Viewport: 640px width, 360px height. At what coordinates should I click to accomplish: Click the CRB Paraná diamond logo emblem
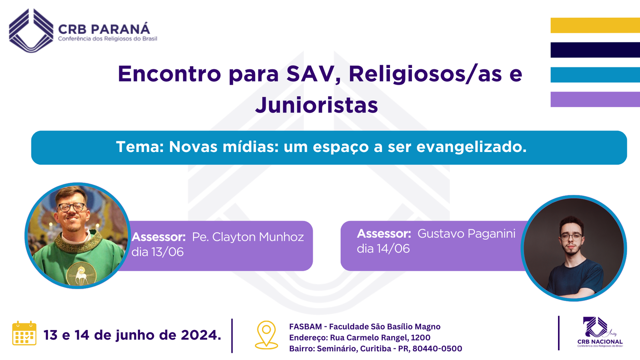click(31, 30)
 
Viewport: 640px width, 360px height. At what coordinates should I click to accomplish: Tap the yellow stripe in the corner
click(595, 26)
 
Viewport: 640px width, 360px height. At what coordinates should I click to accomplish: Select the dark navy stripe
click(595, 50)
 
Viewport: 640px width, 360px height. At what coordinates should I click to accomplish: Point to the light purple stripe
click(595, 100)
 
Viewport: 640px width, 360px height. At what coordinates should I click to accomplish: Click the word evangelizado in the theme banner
click(472, 147)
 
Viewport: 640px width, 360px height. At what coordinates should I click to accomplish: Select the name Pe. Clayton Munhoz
click(248, 237)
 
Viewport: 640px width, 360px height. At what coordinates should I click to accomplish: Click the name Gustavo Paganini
click(466, 234)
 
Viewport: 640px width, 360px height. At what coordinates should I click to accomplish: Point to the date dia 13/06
click(158, 252)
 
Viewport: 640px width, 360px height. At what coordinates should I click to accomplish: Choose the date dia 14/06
click(383, 248)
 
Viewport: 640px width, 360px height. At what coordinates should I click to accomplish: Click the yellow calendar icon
click(24, 333)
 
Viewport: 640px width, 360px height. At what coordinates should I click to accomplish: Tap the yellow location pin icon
click(266, 335)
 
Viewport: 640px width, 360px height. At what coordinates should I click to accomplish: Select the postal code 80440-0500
click(437, 348)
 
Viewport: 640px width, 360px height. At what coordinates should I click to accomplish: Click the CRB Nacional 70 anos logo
click(600, 332)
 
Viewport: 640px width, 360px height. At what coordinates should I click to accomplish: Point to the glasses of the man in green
click(72, 207)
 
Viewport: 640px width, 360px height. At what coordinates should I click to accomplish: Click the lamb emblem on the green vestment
click(82, 274)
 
